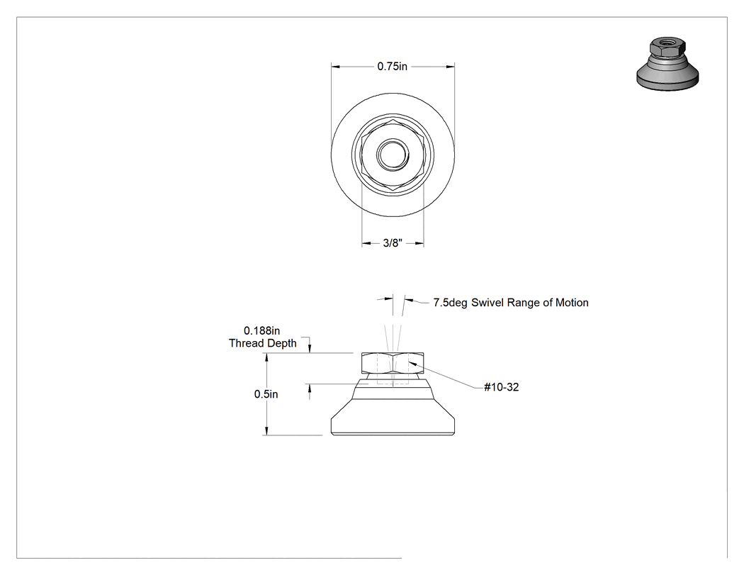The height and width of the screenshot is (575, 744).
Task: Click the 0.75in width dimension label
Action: click(x=392, y=67)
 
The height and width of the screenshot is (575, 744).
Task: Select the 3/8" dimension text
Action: click(x=393, y=243)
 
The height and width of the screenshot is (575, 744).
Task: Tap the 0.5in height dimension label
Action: click(x=266, y=394)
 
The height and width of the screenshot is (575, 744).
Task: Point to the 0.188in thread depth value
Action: click(x=262, y=330)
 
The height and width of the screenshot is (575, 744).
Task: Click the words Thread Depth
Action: click(x=263, y=343)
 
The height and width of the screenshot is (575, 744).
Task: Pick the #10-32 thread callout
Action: click(x=502, y=387)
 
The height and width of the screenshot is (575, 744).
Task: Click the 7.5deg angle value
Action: click(x=450, y=303)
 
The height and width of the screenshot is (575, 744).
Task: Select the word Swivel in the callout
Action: click(x=487, y=303)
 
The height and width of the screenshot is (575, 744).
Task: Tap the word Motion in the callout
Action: click(x=572, y=303)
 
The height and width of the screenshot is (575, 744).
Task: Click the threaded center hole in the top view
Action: click(x=393, y=154)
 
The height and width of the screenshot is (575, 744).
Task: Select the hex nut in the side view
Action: click(x=393, y=363)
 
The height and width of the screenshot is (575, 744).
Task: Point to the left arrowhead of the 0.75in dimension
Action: click(x=335, y=67)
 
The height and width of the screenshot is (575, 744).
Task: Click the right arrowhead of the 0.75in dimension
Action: click(x=450, y=67)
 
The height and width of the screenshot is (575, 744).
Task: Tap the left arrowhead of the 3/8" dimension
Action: click(x=366, y=244)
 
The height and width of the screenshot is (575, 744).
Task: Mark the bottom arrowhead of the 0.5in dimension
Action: click(x=266, y=430)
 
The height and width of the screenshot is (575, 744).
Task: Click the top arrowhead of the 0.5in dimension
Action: click(x=266, y=358)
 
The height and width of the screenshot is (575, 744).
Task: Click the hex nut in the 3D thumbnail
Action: click(x=667, y=48)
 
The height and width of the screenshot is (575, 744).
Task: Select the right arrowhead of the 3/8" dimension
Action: click(x=419, y=244)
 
